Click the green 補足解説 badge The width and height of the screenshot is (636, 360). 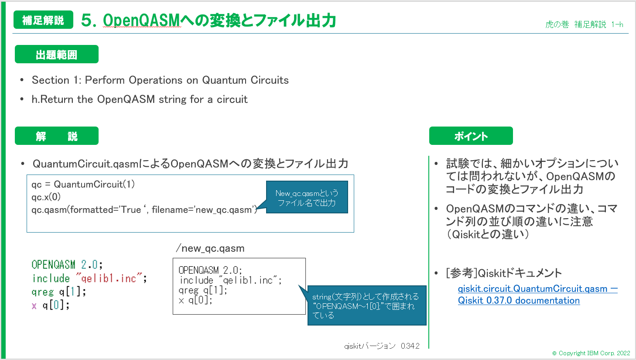(43, 20)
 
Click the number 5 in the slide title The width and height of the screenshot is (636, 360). (87, 21)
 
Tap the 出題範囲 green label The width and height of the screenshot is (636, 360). (56, 55)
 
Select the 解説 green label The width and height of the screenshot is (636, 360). (56, 136)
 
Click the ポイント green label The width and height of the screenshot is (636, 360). (471, 136)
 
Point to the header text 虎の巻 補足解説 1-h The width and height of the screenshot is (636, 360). (584, 24)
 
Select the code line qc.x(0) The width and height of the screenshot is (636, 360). (46, 197)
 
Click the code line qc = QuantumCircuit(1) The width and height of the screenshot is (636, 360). (83, 184)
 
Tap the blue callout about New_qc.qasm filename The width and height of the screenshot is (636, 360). (307, 198)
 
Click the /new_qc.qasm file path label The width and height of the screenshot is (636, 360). (210, 248)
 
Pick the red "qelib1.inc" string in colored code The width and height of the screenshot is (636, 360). (109, 278)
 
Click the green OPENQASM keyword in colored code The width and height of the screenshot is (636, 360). (53, 265)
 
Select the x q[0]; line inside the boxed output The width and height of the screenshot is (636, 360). (195, 300)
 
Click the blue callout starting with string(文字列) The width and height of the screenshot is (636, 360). (366, 306)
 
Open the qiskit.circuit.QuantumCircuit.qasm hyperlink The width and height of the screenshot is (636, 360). (532, 289)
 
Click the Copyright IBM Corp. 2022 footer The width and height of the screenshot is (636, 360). (591, 353)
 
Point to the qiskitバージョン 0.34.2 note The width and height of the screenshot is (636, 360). (382, 346)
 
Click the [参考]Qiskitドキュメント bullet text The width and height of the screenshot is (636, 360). (504, 273)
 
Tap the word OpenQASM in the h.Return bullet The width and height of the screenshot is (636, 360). (126, 99)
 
